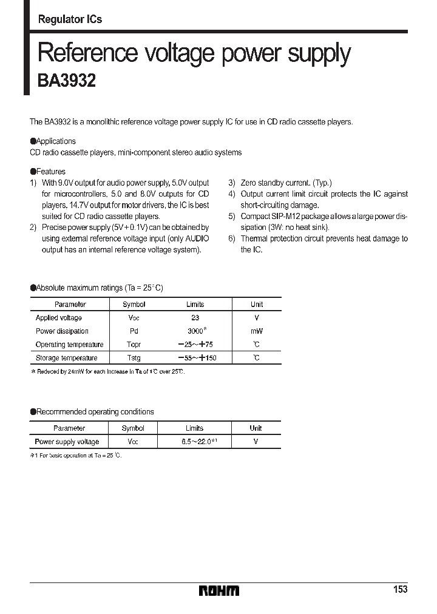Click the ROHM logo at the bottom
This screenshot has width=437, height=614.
pyautogui.click(x=219, y=590)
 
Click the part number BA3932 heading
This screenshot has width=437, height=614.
pyautogui.click(x=67, y=81)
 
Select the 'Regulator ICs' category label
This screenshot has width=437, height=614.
pyautogui.click(x=70, y=19)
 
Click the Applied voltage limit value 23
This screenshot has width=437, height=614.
pyautogui.click(x=195, y=318)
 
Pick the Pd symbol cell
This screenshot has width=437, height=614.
pyautogui.click(x=134, y=331)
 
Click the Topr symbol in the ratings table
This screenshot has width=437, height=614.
pyautogui.click(x=134, y=345)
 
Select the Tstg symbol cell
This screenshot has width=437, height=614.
pyautogui.click(x=134, y=358)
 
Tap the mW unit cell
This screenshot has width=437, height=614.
pyautogui.click(x=257, y=331)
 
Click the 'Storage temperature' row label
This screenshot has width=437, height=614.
pyautogui.click(x=66, y=358)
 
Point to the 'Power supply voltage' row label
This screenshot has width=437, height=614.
pyautogui.click(x=67, y=442)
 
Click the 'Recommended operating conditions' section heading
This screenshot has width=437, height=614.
pyautogui.click(x=95, y=412)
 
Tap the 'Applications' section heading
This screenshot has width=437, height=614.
pyautogui.click(x=56, y=141)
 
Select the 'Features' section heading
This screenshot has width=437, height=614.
pyautogui.click(x=50, y=172)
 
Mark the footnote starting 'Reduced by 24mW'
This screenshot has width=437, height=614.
pyautogui.click(x=109, y=371)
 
